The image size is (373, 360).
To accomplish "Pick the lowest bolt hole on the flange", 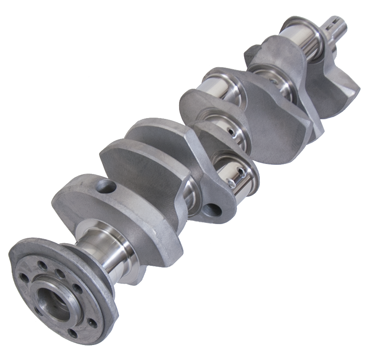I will pos(73,333).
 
